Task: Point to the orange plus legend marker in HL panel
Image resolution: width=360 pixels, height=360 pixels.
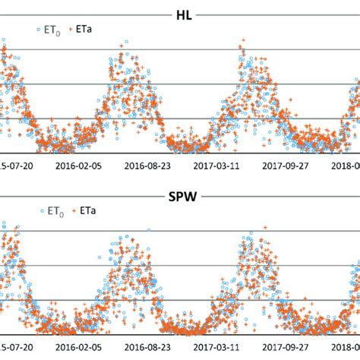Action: coord(74,30)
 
